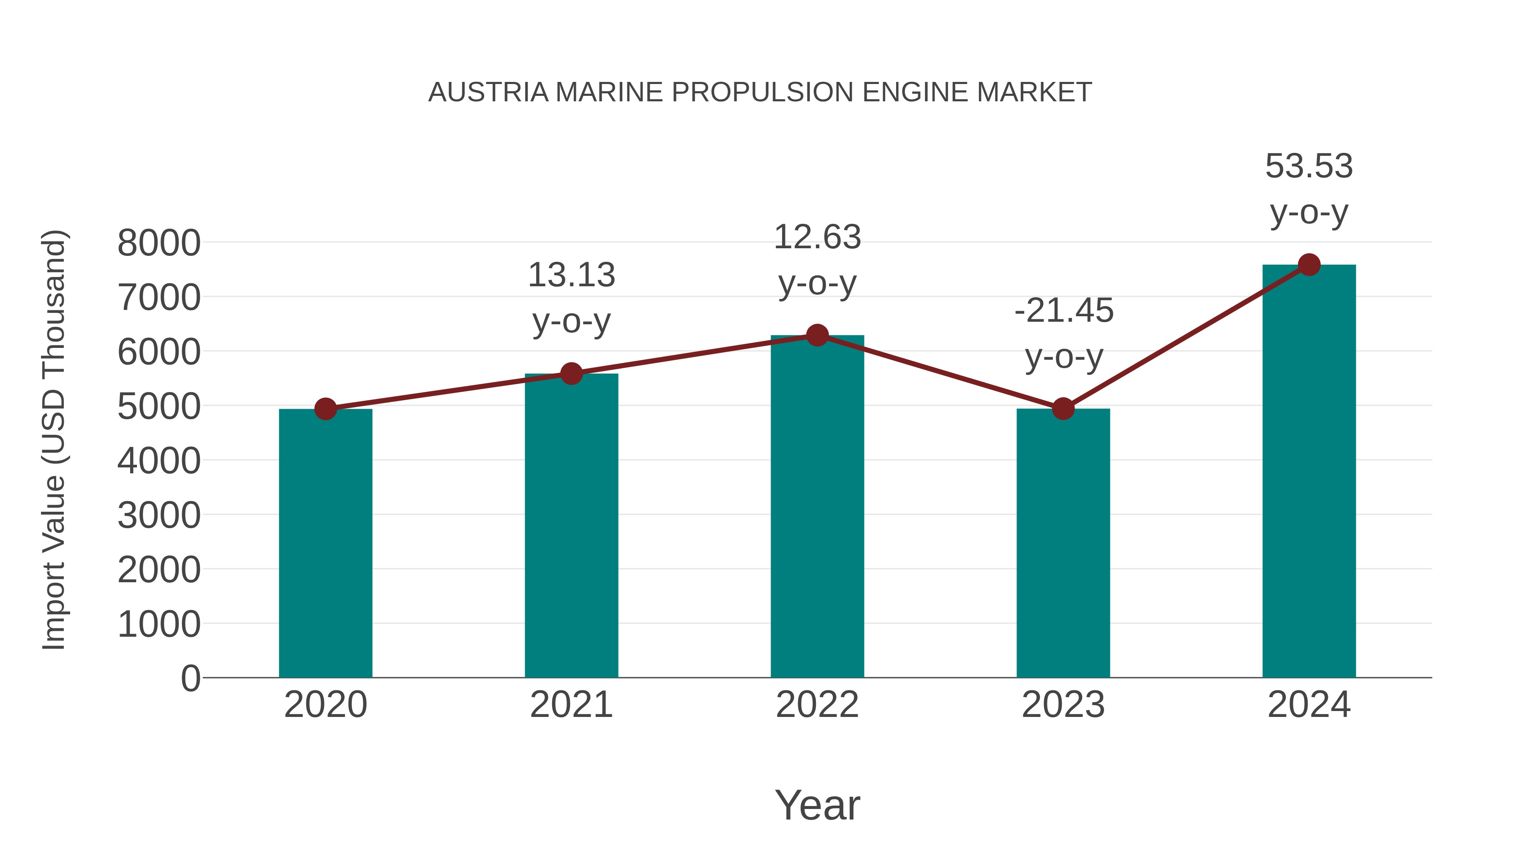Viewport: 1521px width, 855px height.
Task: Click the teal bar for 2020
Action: coord(325,543)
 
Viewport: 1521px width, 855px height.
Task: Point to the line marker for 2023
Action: coord(1063,408)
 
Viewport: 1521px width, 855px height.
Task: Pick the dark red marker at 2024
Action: coord(1309,265)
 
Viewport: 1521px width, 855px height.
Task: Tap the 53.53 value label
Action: coord(1309,166)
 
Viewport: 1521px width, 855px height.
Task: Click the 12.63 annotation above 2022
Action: coord(817,237)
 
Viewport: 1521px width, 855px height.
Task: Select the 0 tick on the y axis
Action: coord(190,678)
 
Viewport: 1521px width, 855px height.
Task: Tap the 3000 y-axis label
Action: coord(159,515)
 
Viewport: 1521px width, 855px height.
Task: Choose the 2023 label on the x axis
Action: coord(1063,705)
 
